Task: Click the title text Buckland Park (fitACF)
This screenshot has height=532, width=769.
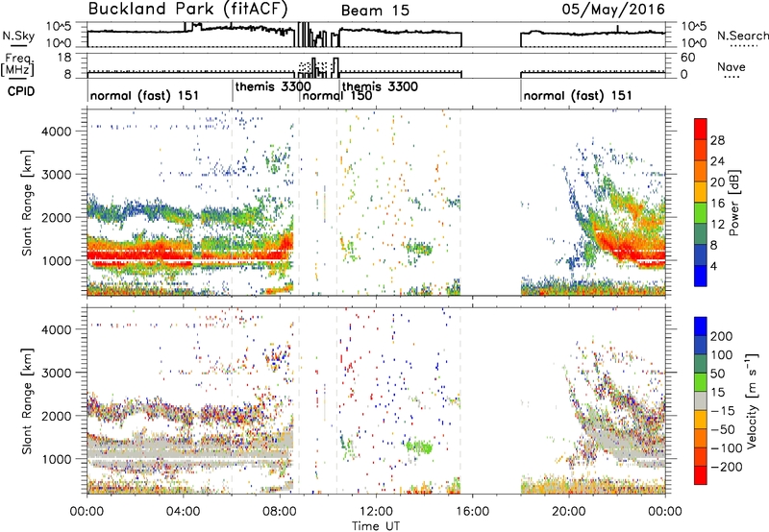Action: [x=187, y=9]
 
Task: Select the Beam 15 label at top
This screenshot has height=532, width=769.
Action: [x=375, y=11]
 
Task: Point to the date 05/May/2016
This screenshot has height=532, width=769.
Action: [x=613, y=10]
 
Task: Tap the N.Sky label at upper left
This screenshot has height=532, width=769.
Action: [x=18, y=36]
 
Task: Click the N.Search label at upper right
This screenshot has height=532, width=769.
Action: [x=742, y=36]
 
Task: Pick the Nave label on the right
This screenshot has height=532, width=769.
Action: [x=732, y=66]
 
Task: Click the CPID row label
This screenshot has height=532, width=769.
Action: [x=21, y=91]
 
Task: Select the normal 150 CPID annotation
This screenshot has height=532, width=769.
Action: [x=337, y=95]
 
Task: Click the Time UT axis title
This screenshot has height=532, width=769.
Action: [x=376, y=525]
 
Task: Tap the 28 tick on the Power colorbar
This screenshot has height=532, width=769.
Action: [x=717, y=140]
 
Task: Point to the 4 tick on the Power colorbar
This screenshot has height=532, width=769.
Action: [x=713, y=266]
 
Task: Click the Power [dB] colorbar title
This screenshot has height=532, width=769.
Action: [x=733, y=203]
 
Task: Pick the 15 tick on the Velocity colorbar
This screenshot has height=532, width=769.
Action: [x=717, y=393]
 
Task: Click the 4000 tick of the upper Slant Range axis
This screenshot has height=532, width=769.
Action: [x=57, y=132]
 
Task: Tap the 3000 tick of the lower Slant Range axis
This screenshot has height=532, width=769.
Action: [x=57, y=373]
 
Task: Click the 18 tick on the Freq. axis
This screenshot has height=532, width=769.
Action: [x=64, y=58]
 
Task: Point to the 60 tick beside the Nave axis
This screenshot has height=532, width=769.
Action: [x=688, y=58]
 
